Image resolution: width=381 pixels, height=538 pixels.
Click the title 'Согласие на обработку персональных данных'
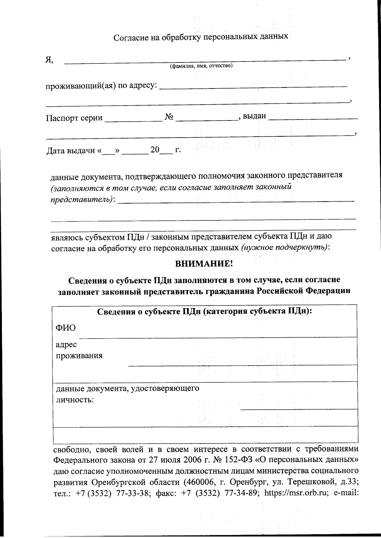point(201,37)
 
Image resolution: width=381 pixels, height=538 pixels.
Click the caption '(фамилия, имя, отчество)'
point(201,66)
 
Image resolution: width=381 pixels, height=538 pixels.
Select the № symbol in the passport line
point(169,117)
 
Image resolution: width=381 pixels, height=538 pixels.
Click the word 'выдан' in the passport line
point(254,116)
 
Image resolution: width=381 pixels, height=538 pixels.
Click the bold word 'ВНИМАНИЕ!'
point(204,264)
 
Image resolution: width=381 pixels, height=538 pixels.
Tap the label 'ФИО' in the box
point(66,328)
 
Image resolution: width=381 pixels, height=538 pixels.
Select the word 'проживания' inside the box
point(79,355)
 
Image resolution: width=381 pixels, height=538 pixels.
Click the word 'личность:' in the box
point(75,399)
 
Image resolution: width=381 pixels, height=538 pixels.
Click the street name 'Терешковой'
point(310,482)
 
